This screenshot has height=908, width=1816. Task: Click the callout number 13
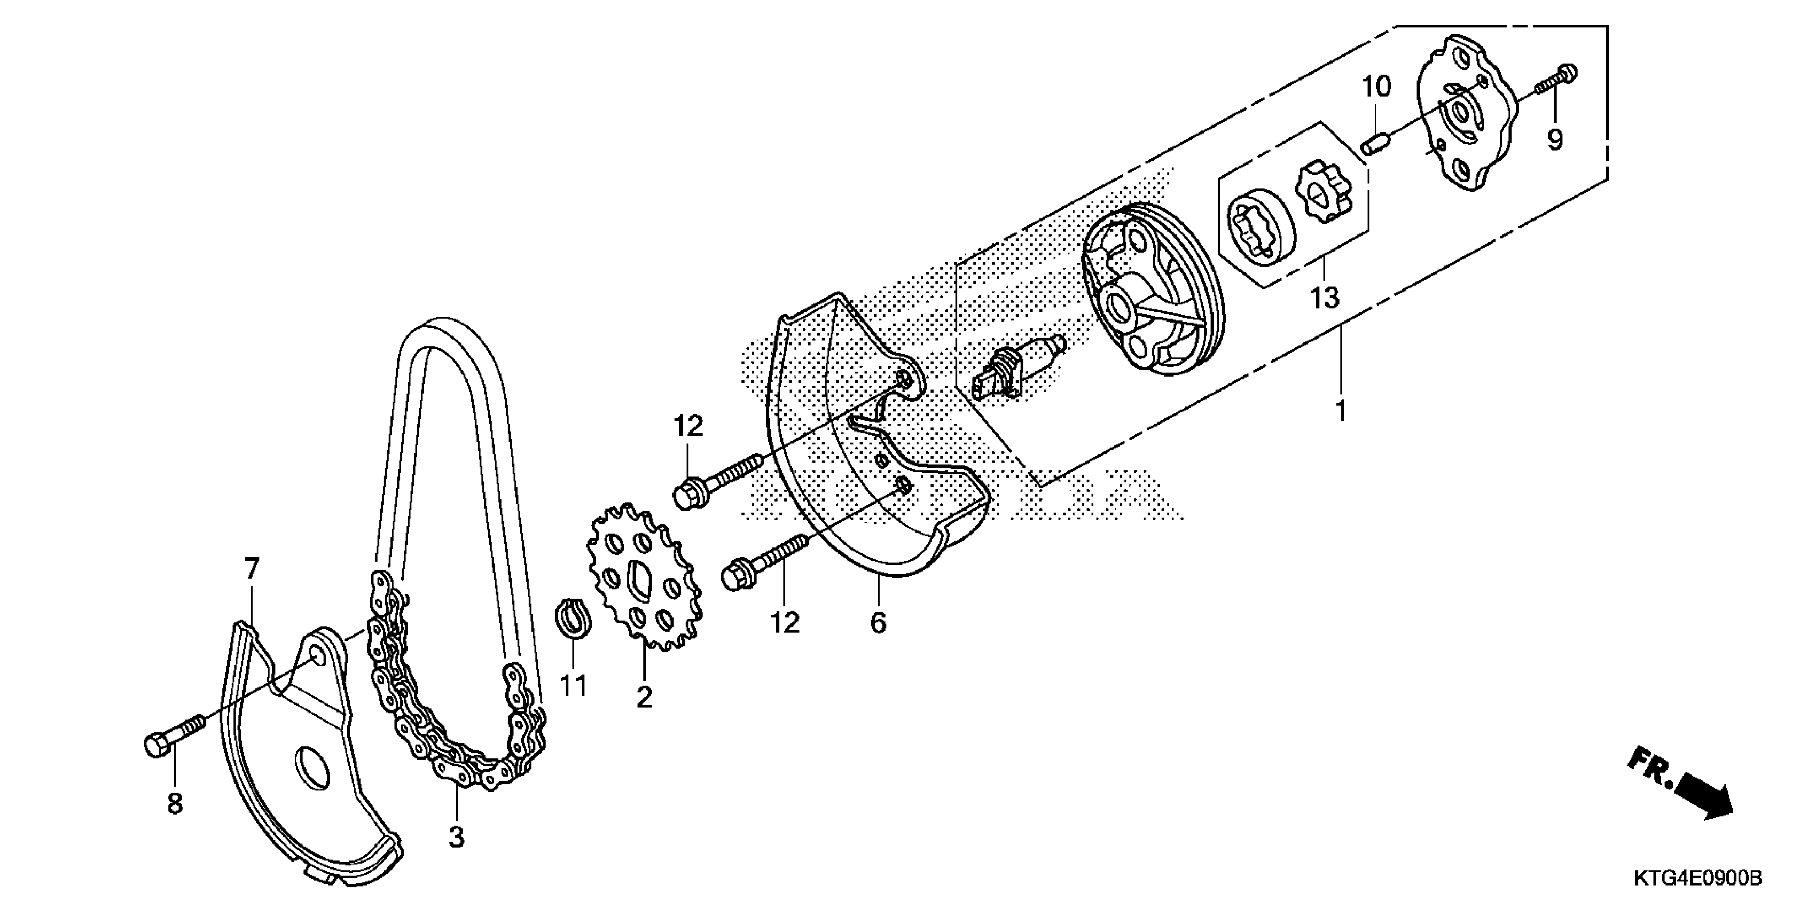tap(1324, 298)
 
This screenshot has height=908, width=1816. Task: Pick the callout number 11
tap(573, 685)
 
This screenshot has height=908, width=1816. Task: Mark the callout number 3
tap(457, 837)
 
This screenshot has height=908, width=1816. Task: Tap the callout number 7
tap(252, 569)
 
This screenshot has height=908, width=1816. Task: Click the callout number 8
tap(175, 803)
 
